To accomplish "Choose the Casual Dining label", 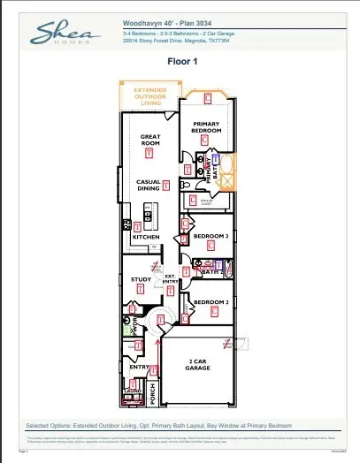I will [x=148, y=185].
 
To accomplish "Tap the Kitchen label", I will [x=145, y=238].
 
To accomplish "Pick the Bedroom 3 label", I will [x=211, y=236].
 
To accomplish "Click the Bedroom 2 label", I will [x=211, y=302].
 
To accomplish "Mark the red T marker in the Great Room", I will [x=149, y=153].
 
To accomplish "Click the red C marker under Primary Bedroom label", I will [x=204, y=140].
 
